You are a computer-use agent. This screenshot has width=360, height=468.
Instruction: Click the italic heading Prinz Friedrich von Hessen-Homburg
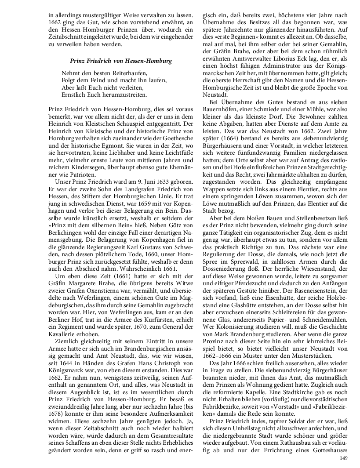(x=120, y=61)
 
